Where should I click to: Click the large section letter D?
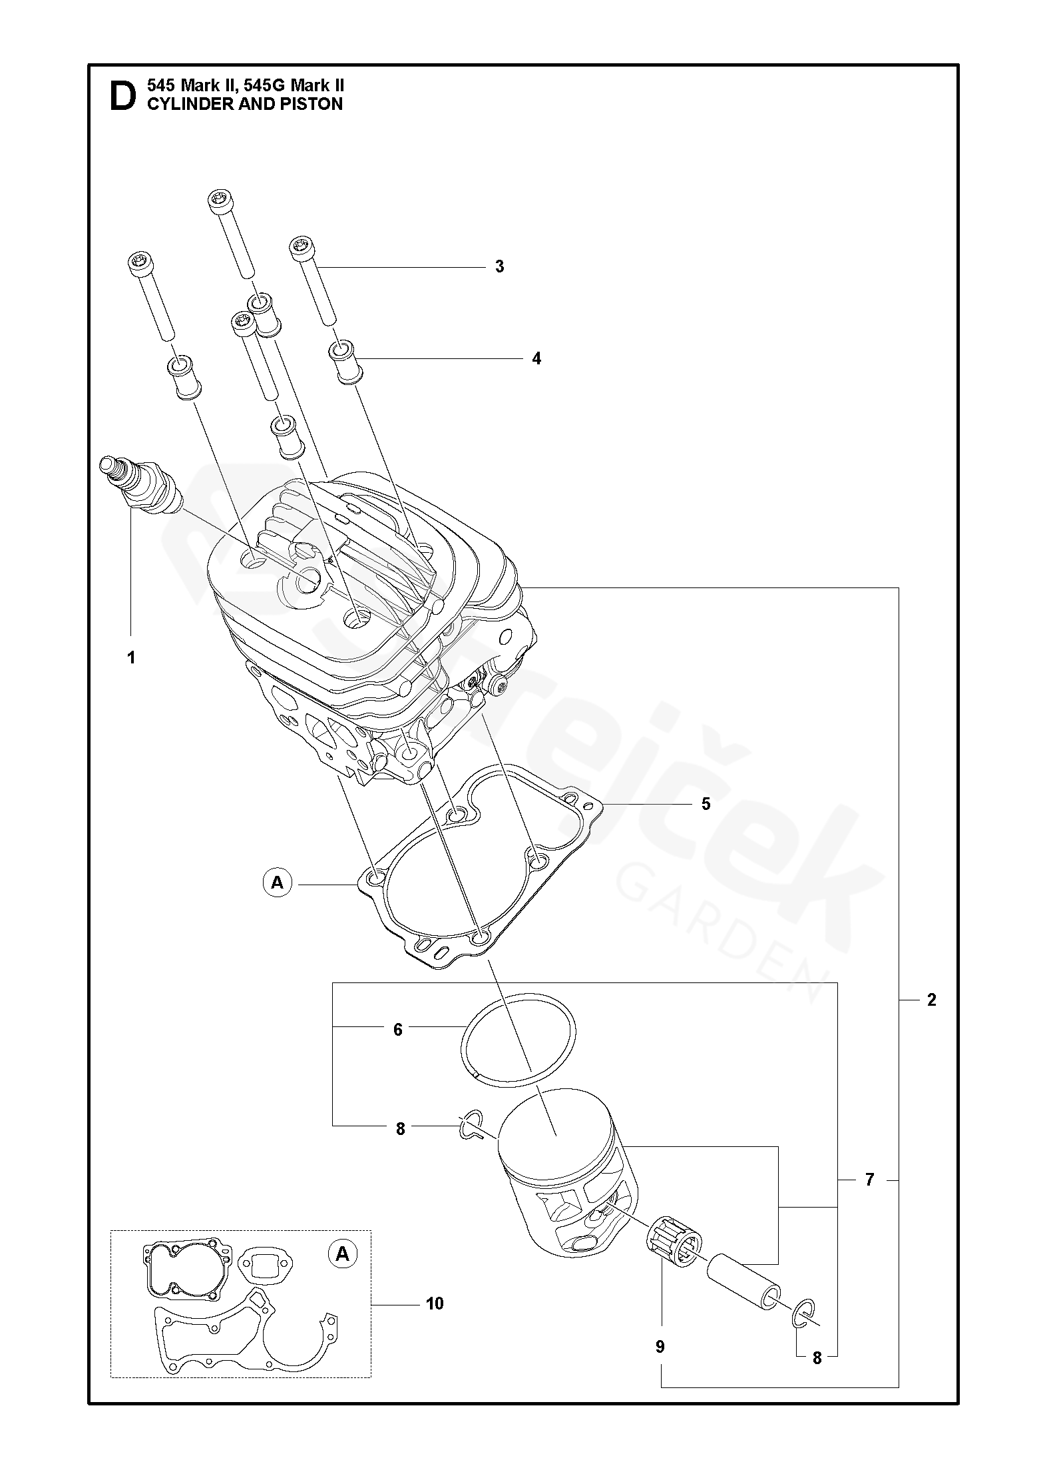[x=122, y=97]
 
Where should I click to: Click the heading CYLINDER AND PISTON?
[x=244, y=105]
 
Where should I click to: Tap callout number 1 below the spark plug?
[x=131, y=657]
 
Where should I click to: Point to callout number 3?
[x=499, y=267]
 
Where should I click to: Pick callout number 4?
[x=536, y=358]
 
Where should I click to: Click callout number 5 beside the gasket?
[x=706, y=804]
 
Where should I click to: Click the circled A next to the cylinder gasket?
[x=277, y=883]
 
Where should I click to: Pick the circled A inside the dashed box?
[x=342, y=1254]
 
